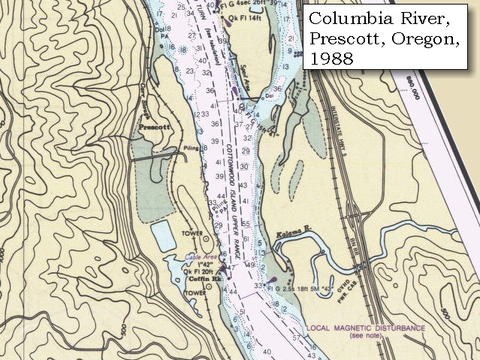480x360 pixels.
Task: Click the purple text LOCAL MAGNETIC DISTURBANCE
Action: [366, 328]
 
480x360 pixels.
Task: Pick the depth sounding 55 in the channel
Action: [246, 224]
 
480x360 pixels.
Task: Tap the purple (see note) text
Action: [366, 337]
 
